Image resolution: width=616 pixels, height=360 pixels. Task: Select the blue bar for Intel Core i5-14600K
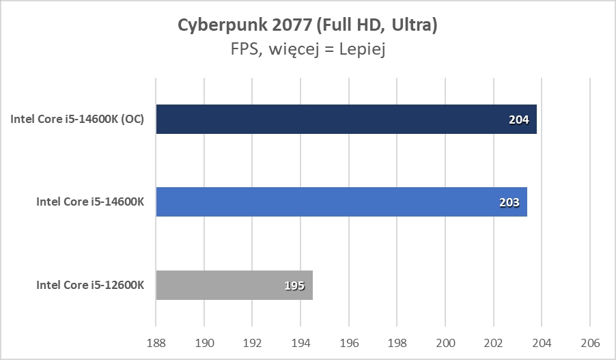pos(341,202)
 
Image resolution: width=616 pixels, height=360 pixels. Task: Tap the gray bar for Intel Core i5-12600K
pos(234,285)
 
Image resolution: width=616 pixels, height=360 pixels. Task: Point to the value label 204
pos(518,120)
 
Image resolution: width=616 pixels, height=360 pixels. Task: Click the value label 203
pos(509,202)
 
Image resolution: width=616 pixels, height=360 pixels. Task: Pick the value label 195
pos(294,286)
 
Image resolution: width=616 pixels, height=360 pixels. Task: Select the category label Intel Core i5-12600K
pos(90,286)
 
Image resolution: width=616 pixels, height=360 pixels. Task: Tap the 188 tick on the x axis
pos(156,342)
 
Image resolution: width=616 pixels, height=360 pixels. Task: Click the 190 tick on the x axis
pos(204,342)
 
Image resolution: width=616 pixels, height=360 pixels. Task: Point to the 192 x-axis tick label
pos(253,342)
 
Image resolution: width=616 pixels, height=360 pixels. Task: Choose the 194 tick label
pos(300,342)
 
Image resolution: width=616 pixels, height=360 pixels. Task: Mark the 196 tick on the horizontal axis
pos(349,342)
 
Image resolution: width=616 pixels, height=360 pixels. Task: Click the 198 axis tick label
pos(397,342)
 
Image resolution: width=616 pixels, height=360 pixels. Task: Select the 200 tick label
pos(445,342)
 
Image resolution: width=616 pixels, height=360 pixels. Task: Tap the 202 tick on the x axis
pos(494,342)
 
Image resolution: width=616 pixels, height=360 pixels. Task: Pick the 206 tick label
pos(590,342)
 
